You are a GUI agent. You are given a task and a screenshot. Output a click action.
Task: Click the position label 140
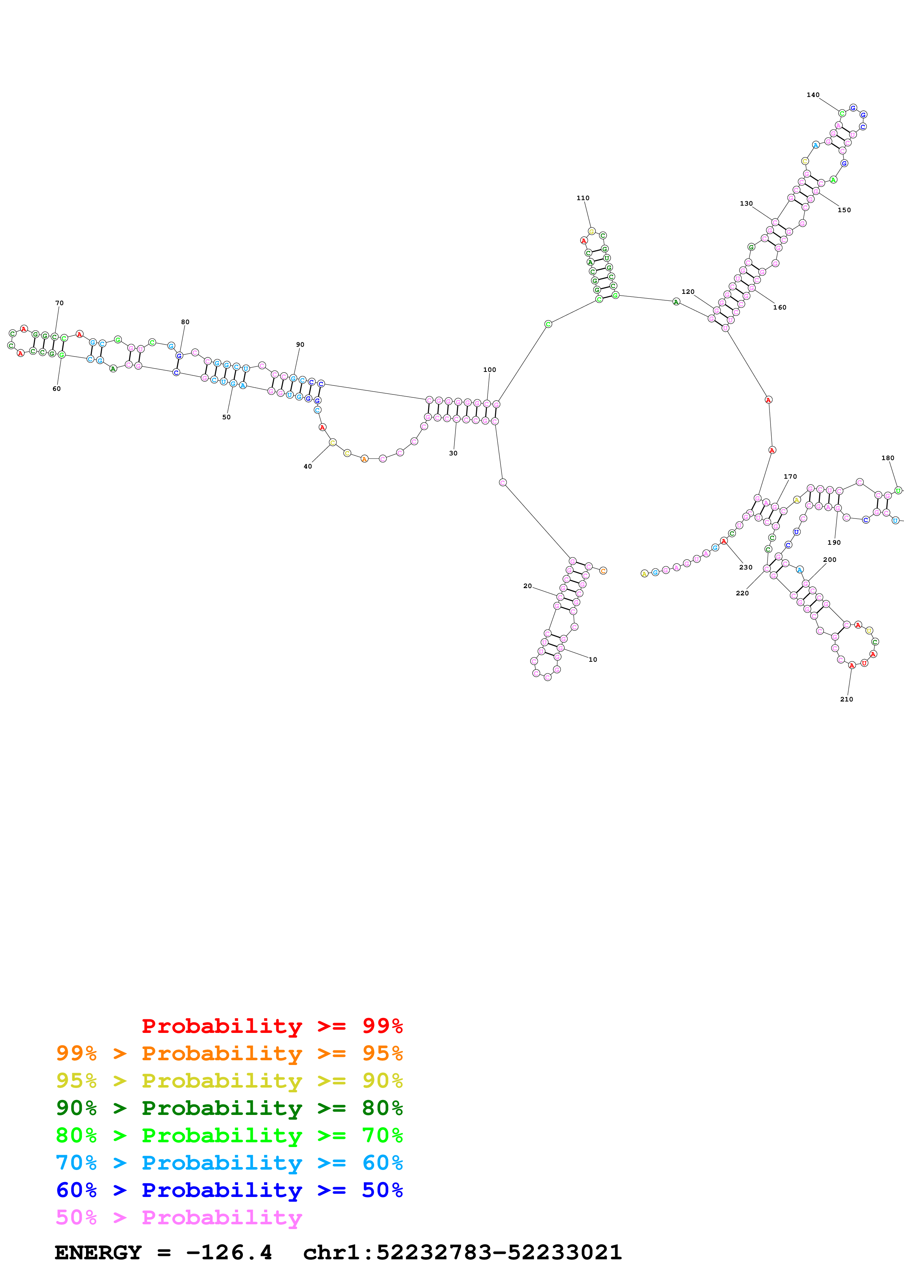click(813, 95)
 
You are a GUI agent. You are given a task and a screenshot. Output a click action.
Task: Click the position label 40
click(307, 467)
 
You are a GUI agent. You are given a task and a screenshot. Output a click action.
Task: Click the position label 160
click(779, 307)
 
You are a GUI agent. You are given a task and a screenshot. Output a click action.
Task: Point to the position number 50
click(226, 417)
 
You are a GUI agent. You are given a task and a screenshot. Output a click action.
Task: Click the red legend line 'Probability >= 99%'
click(272, 1026)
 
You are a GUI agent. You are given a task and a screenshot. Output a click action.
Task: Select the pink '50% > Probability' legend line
click(178, 1218)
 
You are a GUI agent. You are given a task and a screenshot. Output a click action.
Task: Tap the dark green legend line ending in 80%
click(229, 1108)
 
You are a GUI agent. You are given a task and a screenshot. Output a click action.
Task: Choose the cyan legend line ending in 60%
click(229, 1163)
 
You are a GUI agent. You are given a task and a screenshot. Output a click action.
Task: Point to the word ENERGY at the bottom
click(98, 1253)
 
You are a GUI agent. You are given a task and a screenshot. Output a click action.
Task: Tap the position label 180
click(887, 458)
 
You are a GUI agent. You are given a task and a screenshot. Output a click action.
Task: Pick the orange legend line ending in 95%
click(229, 1053)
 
